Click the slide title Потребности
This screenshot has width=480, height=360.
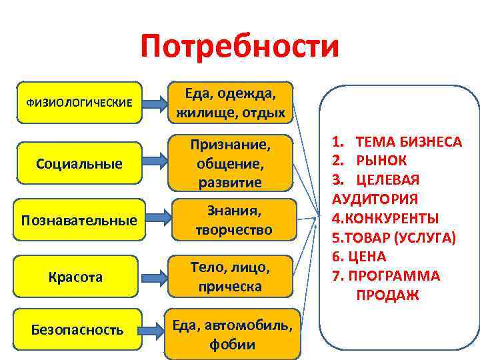[x=240, y=48]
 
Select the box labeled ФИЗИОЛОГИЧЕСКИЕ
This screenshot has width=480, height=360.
[x=79, y=103]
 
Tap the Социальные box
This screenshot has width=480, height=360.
[x=79, y=163]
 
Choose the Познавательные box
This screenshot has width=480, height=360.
[x=79, y=219]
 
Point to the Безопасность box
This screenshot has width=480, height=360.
[x=79, y=329]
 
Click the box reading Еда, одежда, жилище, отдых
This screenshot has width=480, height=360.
[x=231, y=103]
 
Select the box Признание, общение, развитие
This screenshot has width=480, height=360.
[x=231, y=163]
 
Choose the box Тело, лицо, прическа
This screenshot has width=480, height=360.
[x=231, y=277]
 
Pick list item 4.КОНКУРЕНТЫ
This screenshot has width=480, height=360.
[x=387, y=218]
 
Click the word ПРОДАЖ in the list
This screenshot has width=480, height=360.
[x=387, y=295]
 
